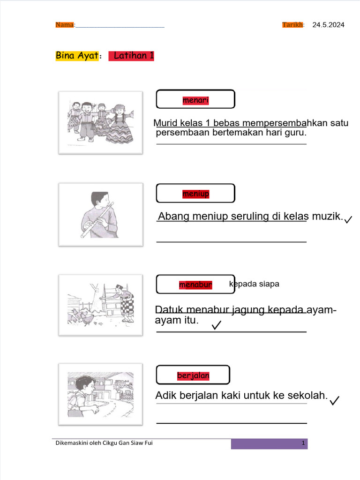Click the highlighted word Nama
(65, 25)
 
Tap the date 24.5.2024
(328, 25)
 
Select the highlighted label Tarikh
(293, 25)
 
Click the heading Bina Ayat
(77, 56)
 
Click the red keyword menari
(195, 100)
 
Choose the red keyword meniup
(195, 194)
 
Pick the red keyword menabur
(195, 285)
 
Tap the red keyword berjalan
(193, 375)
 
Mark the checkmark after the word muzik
(348, 219)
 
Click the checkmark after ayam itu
(216, 325)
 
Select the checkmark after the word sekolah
(335, 400)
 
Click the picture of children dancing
(100, 122)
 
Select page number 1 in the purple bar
(303, 443)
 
